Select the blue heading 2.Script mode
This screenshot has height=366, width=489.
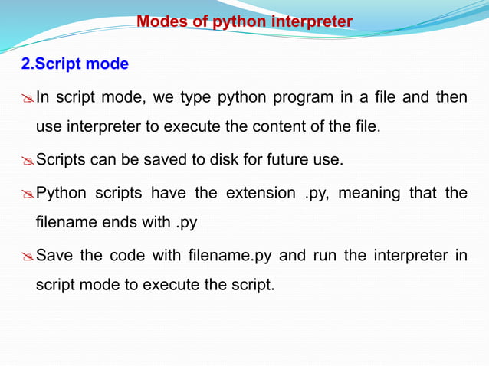[74, 64]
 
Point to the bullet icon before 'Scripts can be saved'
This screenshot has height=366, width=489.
[27, 161]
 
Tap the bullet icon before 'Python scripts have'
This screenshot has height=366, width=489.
[27, 193]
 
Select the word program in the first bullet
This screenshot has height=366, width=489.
[297, 97]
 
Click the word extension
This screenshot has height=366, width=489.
[258, 193]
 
